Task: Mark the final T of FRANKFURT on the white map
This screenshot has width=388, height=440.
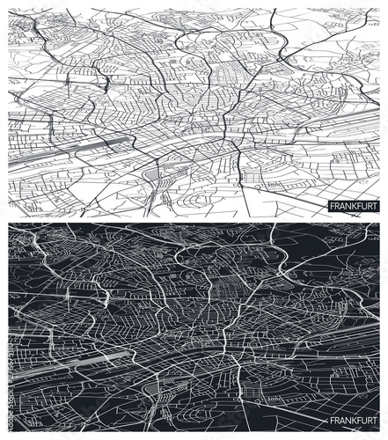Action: coord(373,207)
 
